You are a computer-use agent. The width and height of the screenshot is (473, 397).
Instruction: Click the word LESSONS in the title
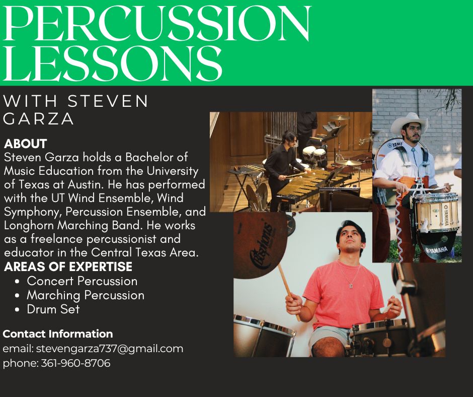tap(112, 63)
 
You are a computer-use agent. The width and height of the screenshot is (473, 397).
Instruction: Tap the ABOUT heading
tap(26, 144)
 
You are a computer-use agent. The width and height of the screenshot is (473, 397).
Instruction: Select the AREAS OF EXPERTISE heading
tap(68, 267)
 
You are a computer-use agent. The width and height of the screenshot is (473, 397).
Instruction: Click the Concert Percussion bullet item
tap(82, 281)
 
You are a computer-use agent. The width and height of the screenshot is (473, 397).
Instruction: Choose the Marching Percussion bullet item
tap(86, 296)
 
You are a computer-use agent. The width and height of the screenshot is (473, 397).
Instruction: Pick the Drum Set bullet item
tap(53, 309)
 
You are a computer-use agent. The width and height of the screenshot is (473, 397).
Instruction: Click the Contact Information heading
tap(58, 334)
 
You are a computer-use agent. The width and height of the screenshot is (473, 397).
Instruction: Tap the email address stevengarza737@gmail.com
tap(110, 349)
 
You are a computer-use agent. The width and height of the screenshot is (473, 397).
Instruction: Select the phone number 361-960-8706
tap(75, 363)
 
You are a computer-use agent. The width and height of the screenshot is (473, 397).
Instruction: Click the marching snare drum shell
tap(437, 213)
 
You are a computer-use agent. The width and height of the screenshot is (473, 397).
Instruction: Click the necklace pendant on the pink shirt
tap(351, 285)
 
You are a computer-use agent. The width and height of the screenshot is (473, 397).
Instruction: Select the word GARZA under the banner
tap(38, 119)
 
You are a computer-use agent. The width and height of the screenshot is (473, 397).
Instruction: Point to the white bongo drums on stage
tap(314, 153)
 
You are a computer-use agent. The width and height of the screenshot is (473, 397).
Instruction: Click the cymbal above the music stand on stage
tap(340, 117)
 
